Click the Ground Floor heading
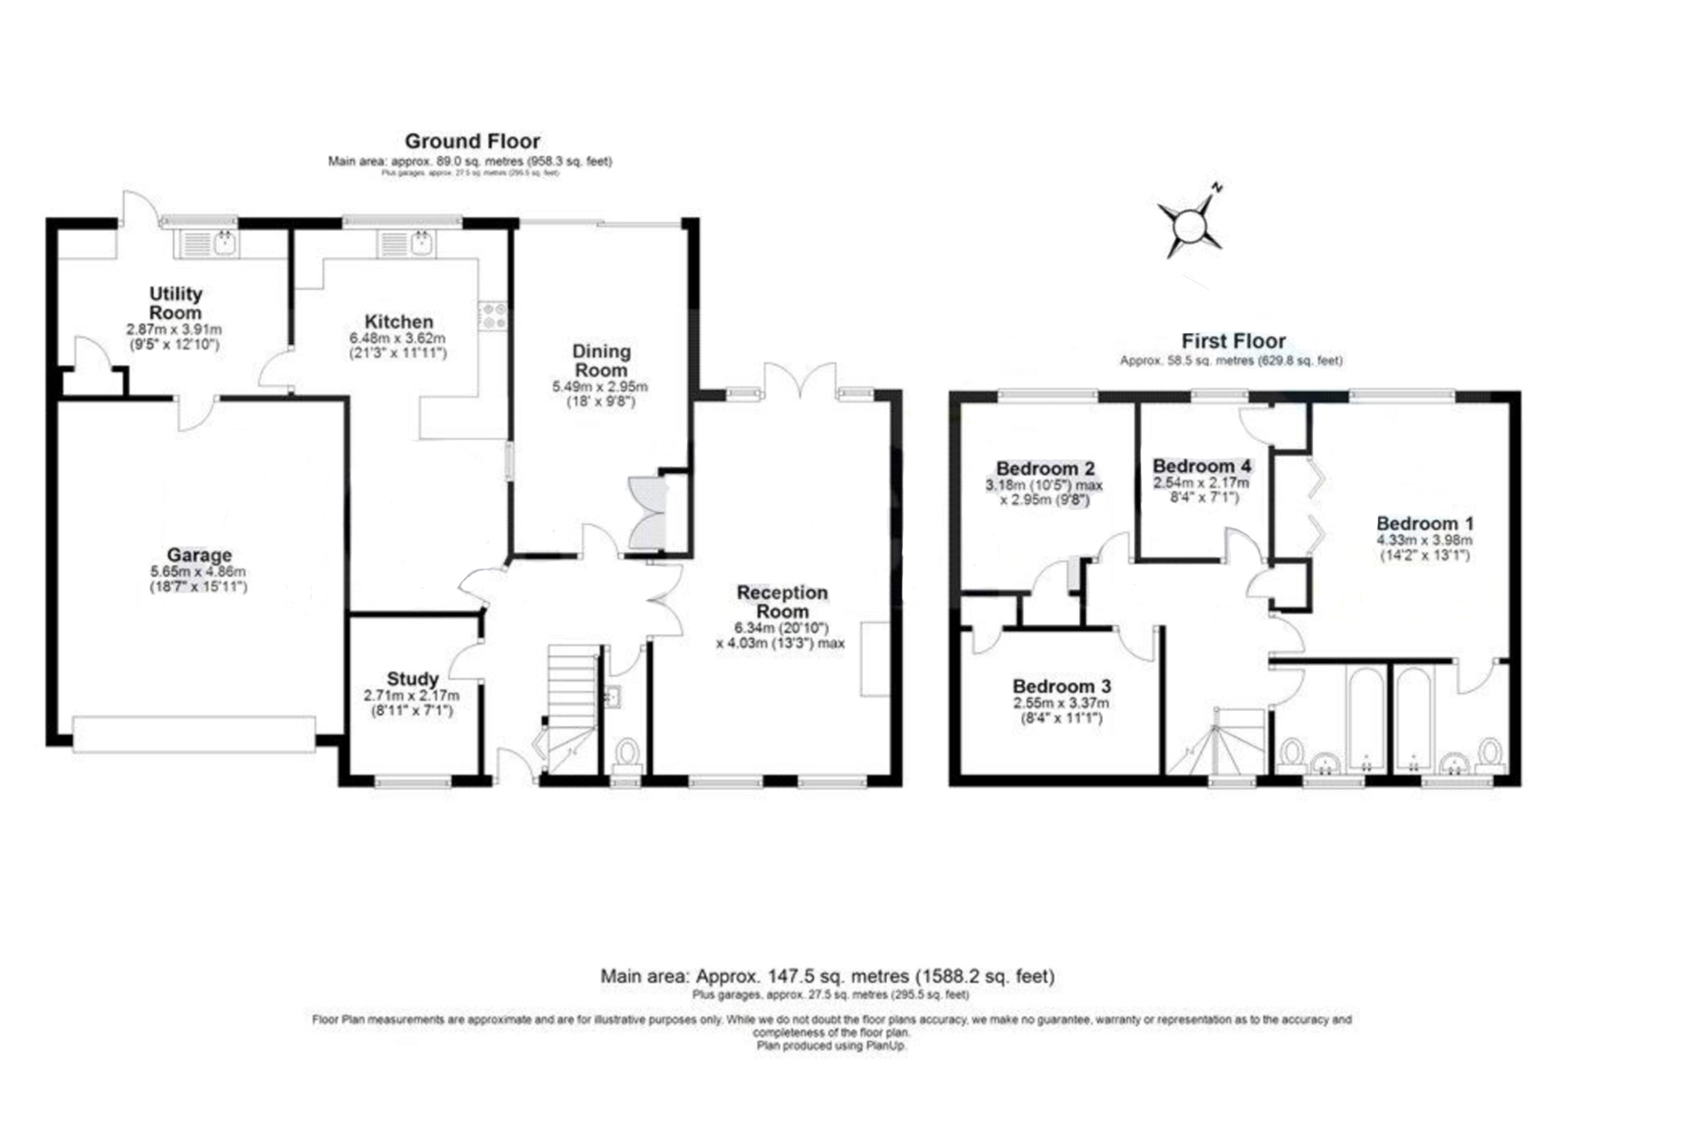(x=472, y=141)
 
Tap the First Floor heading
(x=1233, y=341)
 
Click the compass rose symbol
(x=1190, y=224)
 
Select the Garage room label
(x=199, y=555)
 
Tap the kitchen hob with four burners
(x=493, y=316)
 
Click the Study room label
(x=412, y=679)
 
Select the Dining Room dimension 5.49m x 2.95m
(x=600, y=387)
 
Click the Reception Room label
(x=782, y=602)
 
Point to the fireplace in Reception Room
(x=874, y=658)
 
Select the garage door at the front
(x=194, y=735)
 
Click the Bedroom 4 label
(x=1201, y=466)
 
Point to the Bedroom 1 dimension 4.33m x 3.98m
(x=1424, y=540)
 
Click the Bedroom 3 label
(x=1061, y=686)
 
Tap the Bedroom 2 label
(x=1045, y=469)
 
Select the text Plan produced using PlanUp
(x=831, y=1046)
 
